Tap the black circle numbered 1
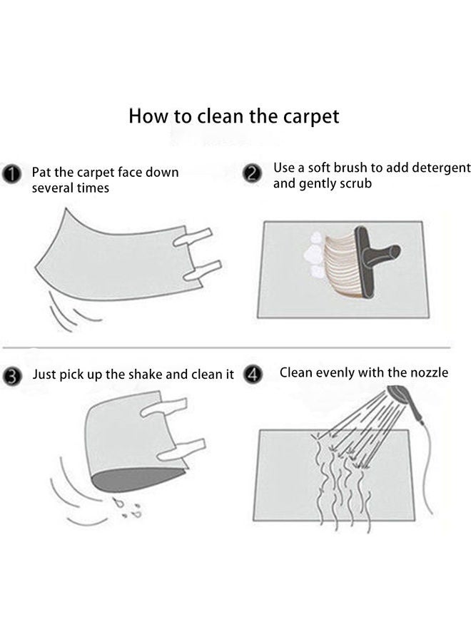click(11, 174)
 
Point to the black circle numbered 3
click(12, 376)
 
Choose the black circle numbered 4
click(253, 374)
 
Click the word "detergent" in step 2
click(442, 168)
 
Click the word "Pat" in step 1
click(41, 173)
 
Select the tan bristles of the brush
click(340, 264)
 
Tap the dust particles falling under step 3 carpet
click(128, 507)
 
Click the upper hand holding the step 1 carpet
click(193, 238)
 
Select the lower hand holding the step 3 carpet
click(182, 449)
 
